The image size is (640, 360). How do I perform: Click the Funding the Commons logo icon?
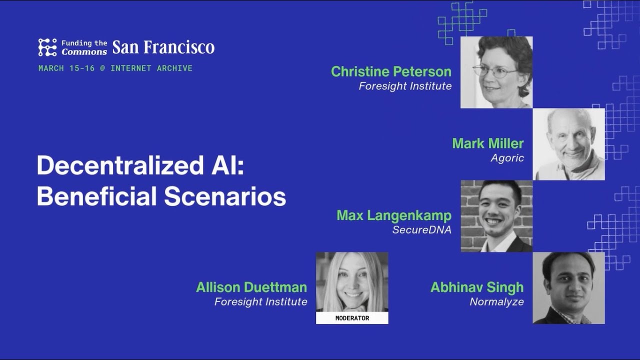(47, 47)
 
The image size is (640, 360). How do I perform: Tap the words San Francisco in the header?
(163, 47)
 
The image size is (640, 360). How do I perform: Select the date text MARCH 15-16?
(66, 68)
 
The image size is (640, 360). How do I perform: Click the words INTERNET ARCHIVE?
(151, 68)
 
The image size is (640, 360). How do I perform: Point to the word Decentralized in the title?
(120, 165)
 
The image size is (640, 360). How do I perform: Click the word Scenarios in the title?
(225, 196)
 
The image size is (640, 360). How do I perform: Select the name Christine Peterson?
(391, 71)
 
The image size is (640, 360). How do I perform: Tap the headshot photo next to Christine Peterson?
(496, 72)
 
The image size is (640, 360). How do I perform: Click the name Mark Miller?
(488, 143)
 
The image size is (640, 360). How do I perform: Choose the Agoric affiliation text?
(507, 158)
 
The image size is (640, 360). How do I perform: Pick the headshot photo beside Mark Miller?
(568, 144)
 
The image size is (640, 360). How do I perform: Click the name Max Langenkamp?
(394, 215)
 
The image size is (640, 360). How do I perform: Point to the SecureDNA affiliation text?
(421, 229)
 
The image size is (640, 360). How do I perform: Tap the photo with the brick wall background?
(496, 216)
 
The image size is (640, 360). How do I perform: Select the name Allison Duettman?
(251, 287)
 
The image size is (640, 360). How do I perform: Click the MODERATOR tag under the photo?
(352, 318)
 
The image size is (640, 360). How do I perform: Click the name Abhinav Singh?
(477, 287)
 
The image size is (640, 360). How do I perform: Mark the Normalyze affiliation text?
(497, 301)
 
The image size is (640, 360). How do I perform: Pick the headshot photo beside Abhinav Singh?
(568, 288)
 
